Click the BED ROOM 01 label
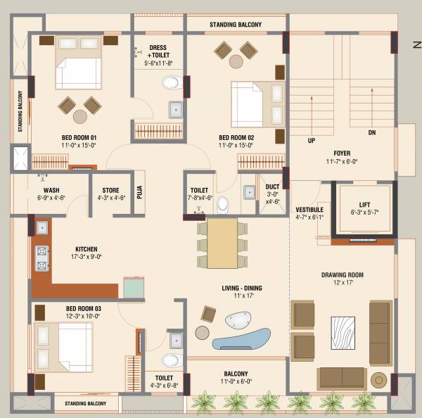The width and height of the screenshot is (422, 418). tap(78, 137)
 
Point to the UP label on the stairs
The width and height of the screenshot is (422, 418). tap(311, 141)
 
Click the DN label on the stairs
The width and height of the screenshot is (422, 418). tap(372, 132)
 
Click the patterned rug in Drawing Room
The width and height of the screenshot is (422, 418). tap(345, 333)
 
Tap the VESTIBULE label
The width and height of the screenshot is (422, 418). tap(309, 210)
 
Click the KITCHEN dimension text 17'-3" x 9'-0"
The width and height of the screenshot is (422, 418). tap(87, 257)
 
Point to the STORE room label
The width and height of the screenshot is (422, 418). tap(110, 190)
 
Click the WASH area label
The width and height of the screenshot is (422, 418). tap(51, 190)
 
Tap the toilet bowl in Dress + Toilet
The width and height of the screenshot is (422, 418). tap(171, 84)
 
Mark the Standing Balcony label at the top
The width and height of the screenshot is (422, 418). tap(235, 25)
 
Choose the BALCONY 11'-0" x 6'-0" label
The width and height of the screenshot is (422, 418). tap(236, 374)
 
